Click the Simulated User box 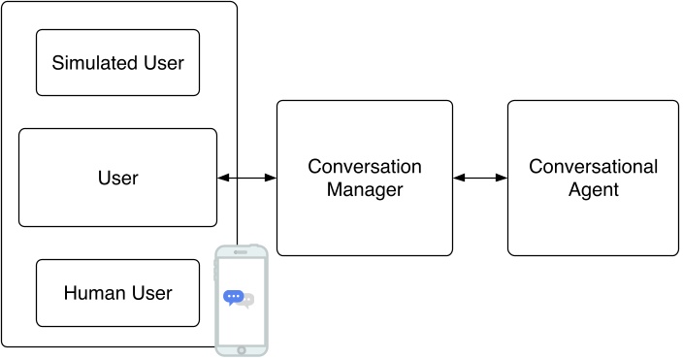point(117,62)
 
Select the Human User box point(117,292)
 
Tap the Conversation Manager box point(364,178)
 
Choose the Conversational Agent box point(593,178)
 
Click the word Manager point(364,190)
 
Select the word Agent point(593,190)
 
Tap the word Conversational point(593,167)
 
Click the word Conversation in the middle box point(364,167)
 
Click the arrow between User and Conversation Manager point(247,178)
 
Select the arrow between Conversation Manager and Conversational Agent point(480,178)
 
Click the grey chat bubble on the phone point(248,301)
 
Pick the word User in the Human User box point(152,293)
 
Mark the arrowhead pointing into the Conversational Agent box point(503,178)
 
